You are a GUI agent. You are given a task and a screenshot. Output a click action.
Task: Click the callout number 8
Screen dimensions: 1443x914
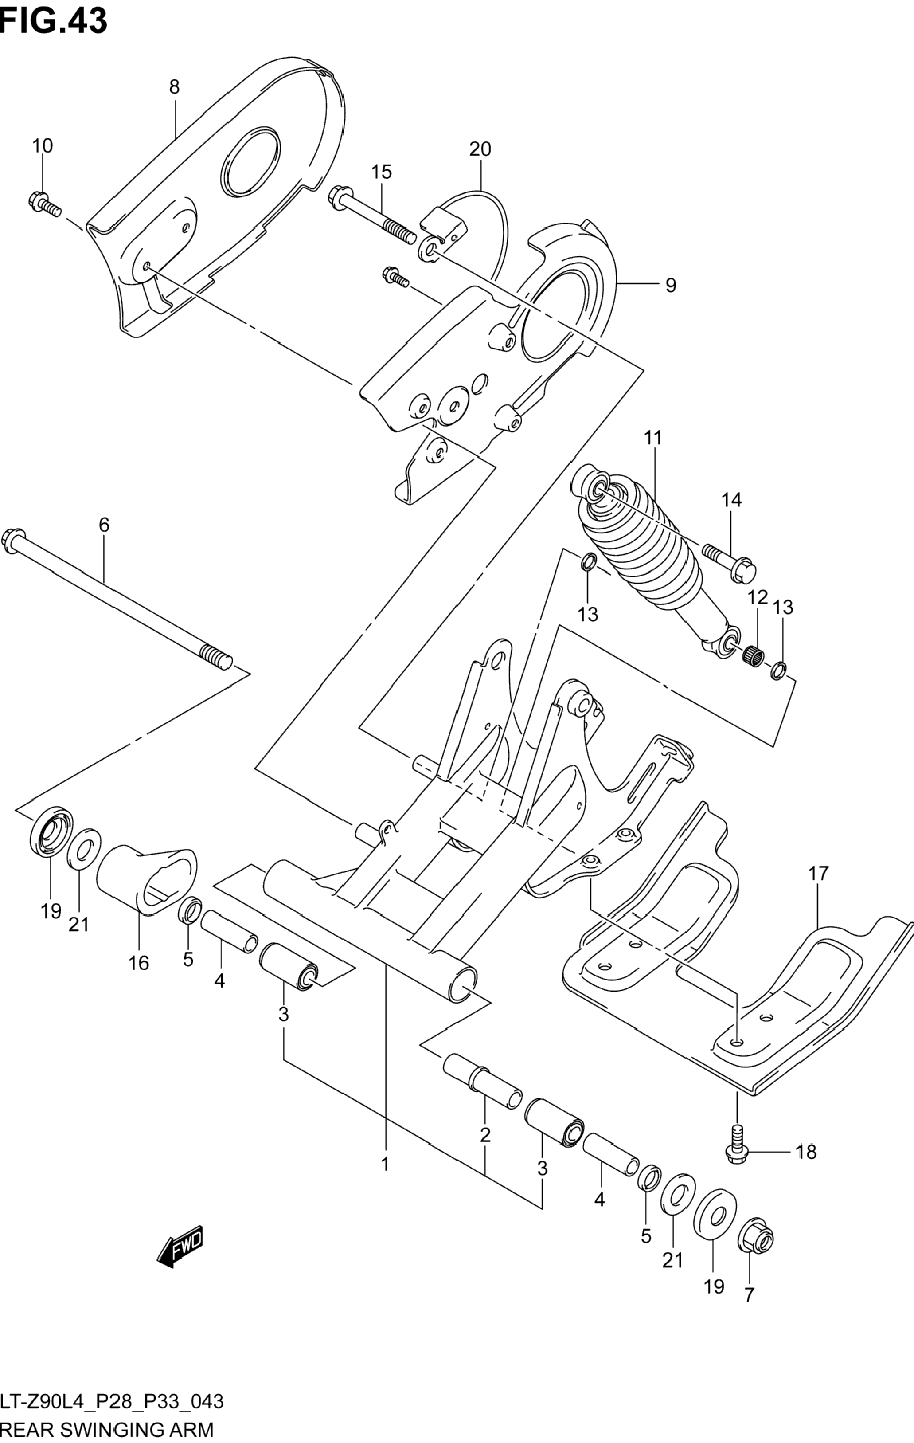click(174, 87)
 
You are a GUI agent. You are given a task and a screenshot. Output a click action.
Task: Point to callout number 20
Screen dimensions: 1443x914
click(480, 149)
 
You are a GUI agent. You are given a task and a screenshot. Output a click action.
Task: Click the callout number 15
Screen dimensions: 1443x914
click(381, 172)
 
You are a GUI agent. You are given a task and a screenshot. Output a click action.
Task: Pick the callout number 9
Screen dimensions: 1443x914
click(670, 285)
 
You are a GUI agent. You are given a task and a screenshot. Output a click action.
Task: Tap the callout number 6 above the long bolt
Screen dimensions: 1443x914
click(104, 525)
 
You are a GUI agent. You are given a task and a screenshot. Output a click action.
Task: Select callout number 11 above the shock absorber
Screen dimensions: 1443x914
click(653, 438)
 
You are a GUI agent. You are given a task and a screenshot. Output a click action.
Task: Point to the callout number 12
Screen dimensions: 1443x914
click(757, 597)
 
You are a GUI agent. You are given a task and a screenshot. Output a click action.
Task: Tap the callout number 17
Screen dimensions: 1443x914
click(818, 874)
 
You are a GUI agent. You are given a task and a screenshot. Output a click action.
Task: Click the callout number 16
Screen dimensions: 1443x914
click(138, 963)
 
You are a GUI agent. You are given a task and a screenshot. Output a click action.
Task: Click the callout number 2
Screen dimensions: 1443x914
click(485, 1134)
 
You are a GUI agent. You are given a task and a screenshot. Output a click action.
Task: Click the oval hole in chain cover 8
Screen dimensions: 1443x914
click(251, 162)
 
